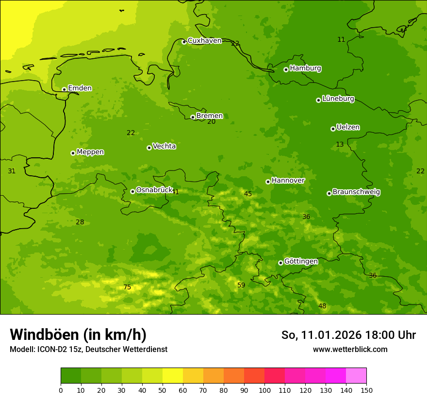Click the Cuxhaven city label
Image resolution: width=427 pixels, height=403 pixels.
204,41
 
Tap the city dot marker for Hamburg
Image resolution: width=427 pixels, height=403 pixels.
286,69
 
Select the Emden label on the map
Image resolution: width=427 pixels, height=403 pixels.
80,88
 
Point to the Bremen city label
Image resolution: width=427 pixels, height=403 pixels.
209,116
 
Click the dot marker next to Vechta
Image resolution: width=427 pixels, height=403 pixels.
149,148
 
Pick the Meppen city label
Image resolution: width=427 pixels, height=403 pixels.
90,152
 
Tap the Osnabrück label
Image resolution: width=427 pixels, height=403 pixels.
154,190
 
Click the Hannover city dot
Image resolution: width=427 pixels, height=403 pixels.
268,182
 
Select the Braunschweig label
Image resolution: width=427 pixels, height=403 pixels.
356,192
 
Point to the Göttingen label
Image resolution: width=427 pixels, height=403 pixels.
301,262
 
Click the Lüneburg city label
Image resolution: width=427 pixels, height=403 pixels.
338,99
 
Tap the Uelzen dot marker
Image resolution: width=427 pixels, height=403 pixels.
333,129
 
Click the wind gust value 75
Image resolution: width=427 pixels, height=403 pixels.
127,287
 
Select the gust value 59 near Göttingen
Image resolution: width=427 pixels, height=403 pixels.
241,285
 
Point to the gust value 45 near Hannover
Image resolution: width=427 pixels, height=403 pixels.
248,194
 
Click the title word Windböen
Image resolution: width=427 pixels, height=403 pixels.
44,335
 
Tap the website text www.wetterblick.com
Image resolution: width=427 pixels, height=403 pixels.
350,350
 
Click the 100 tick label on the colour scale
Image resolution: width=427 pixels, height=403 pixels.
264,390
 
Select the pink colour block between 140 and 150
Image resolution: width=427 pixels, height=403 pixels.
356,376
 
